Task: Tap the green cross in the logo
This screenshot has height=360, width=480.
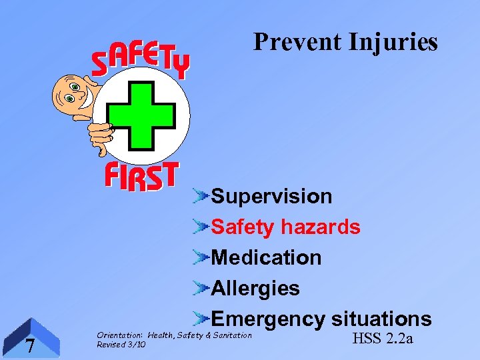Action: (x=141, y=115)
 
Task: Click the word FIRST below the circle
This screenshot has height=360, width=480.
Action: (x=141, y=177)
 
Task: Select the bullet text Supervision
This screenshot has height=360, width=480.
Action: (x=271, y=197)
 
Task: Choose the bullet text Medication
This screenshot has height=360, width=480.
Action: (x=266, y=257)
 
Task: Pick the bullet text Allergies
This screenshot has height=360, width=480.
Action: (x=255, y=288)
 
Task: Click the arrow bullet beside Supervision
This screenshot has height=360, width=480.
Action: (x=201, y=197)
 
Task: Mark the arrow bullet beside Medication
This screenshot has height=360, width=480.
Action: (x=201, y=257)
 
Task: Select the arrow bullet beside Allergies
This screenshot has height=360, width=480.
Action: (x=201, y=288)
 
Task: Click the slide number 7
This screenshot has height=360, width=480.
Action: (x=30, y=346)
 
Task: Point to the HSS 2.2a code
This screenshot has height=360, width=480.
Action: (x=382, y=339)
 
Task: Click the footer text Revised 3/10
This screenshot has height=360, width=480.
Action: (x=121, y=345)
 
